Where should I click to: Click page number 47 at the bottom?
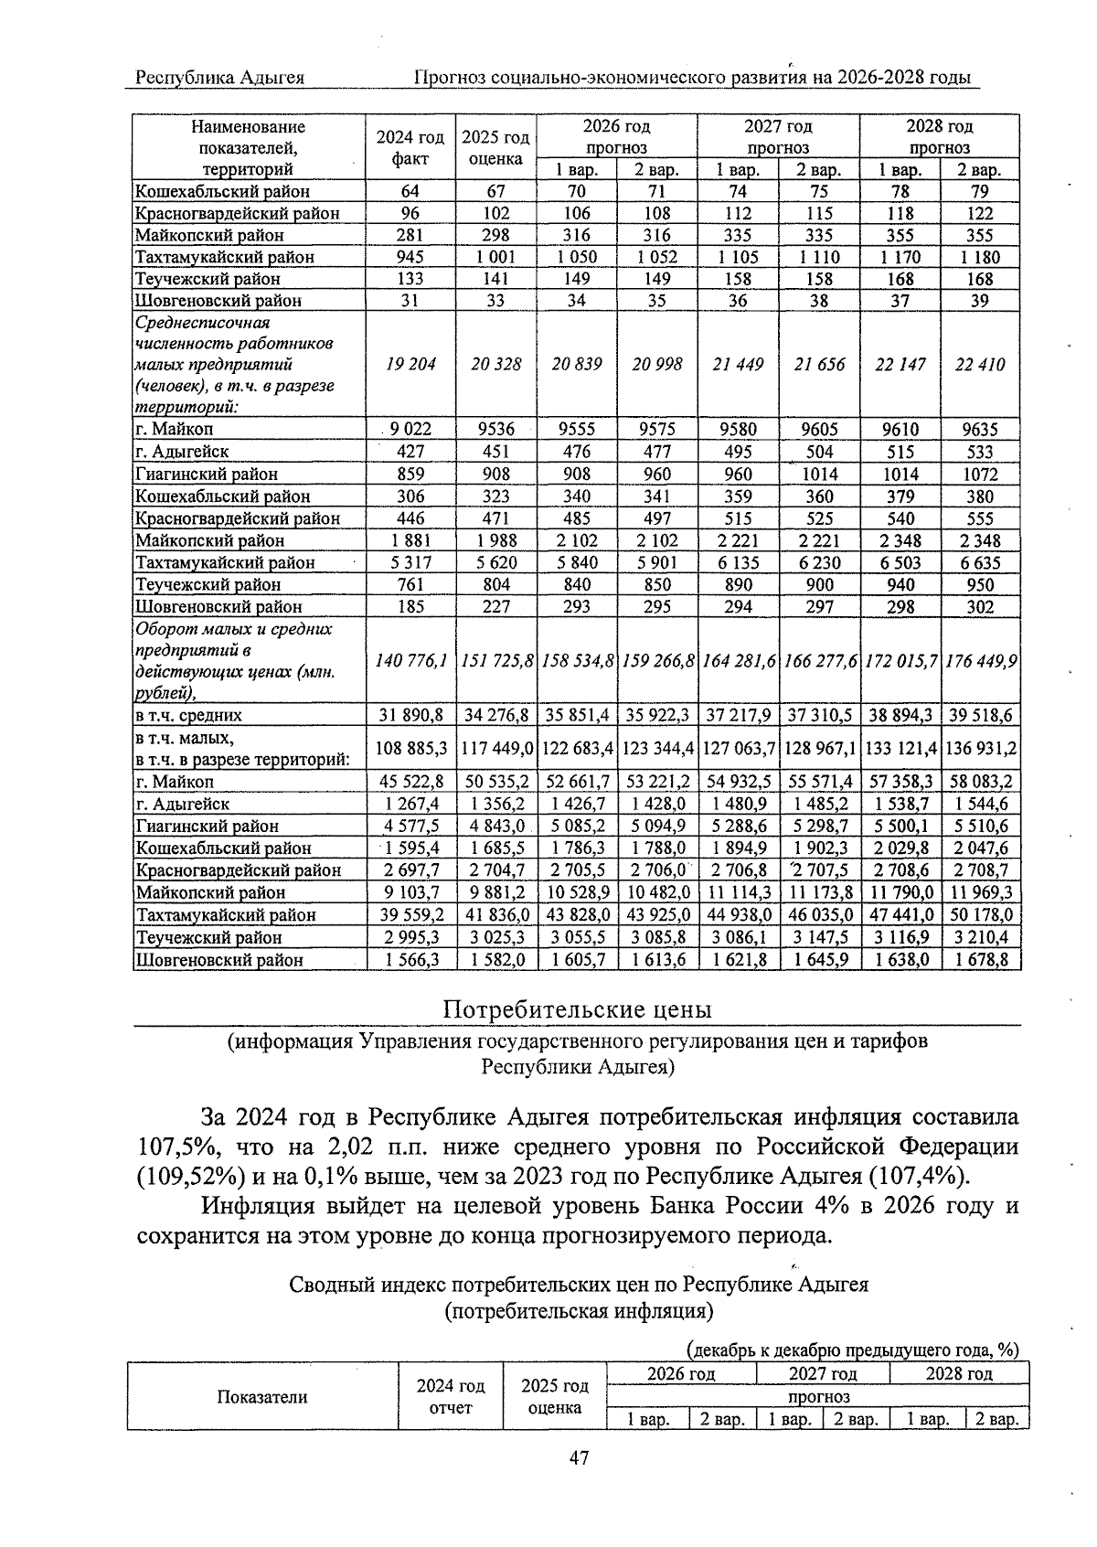coord(578,1457)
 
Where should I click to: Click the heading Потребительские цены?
coord(577,1009)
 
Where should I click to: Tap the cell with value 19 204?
coord(410,364)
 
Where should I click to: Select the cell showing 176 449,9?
coord(981,660)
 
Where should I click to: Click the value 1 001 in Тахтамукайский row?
coord(495,257)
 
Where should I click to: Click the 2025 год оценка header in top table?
coord(495,148)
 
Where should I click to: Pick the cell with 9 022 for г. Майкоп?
coord(410,429)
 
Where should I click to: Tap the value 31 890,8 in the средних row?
coord(410,715)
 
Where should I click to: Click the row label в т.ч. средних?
coord(188,715)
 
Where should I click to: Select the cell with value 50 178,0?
coord(981,914)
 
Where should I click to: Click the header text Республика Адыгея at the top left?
coord(219,78)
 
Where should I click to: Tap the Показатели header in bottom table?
coord(262,1396)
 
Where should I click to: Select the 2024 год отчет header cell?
coord(451,1396)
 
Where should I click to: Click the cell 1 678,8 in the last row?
coord(981,959)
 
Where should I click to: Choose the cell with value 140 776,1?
coord(410,660)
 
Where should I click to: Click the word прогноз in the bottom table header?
coord(818,1396)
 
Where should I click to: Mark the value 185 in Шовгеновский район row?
coord(410,606)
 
